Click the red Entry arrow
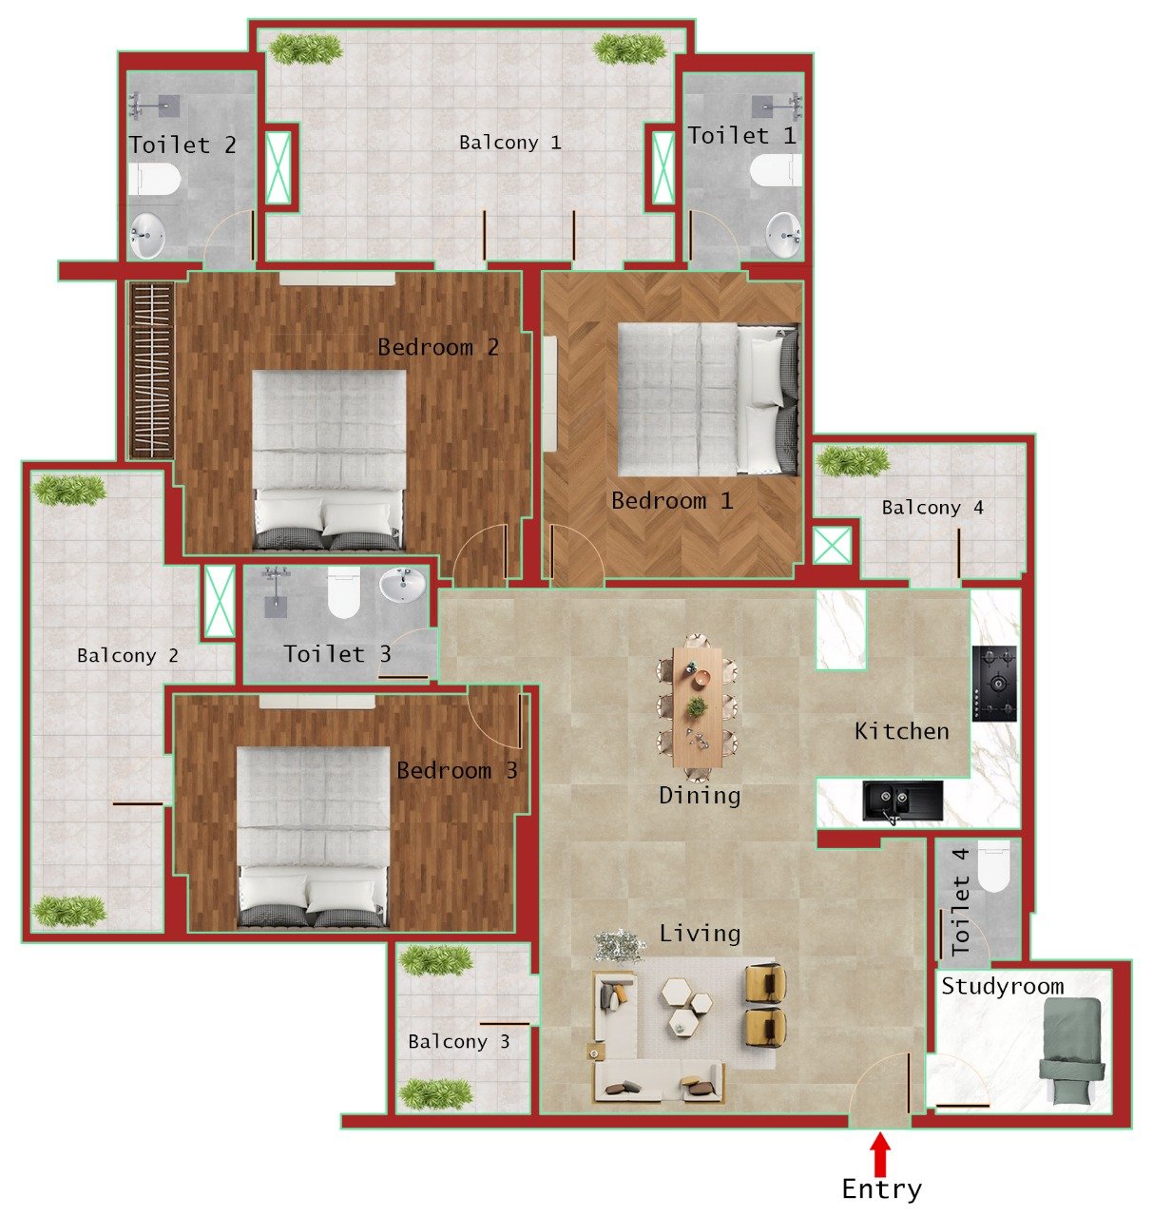pyautogui.click(x=881, y=1153)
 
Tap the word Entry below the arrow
pyautogui.click(x=881, y=1189)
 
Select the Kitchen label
pyautogui.click(x=901, y=731)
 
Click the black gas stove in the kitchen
pyautogui.click(x=993, y=684)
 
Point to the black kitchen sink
pyautogui.click(x=902, y=801)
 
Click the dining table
pyautogui.click(x=698, y=706)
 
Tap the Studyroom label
pyautogui.click(x=1002, y=986)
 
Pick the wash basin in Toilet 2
pyautogui.click(x=147, y=235)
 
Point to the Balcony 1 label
pyautogui.click(x=509, y=143)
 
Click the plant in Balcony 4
pyautogui.click(x=853, y=462)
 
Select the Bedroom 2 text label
pyautogui.click(x=437, y=347)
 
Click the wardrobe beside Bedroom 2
pyautogui.click(x=150, y=370)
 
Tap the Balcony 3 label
pyautogui.click(x=458, y=1041)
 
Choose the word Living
pyautogui.click(x=700, y=934)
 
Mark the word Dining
pyautogui.click(x=700, y=795)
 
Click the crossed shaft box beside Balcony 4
pyautogui.click(x=833, y=547)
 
